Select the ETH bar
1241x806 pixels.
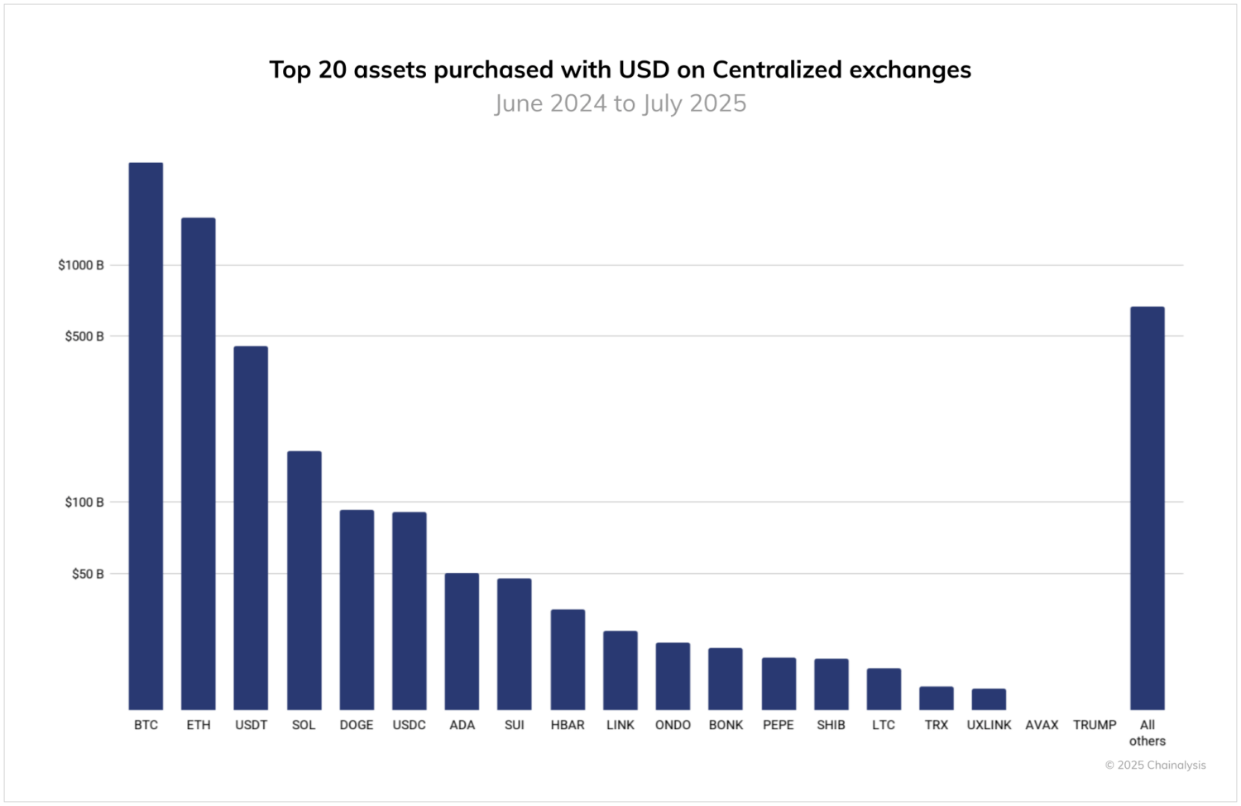coord(199,464)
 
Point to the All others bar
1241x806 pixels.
coord(1148,508)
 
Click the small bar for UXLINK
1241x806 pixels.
coord(989,699)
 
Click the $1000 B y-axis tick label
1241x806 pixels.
coord(81,265)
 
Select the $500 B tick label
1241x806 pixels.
coord(84,336)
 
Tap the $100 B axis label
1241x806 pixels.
coord(84,503)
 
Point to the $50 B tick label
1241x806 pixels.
coord(88,574)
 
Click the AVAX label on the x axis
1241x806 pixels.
coord(1042,725)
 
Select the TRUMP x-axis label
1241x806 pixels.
coord(1095,725)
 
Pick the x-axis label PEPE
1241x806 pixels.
coord(779,725)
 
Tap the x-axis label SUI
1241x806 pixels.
coord(515,725)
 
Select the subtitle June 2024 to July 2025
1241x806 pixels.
coord(620,103)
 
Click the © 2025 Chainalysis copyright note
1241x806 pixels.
coord(1155,765)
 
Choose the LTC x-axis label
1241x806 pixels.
coord(884,725)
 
